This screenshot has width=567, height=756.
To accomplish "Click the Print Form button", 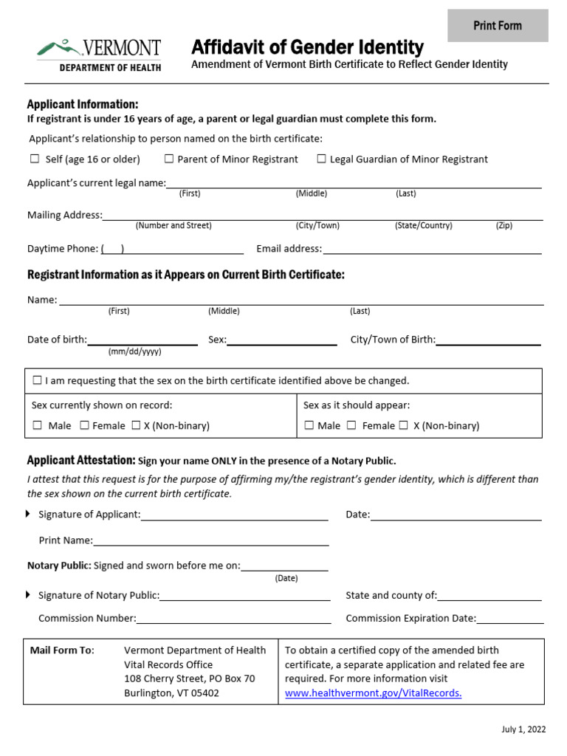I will coord(498,26).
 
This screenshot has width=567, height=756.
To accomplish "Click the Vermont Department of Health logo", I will coord(99,55).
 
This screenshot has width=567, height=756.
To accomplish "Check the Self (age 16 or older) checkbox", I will coord(35,159).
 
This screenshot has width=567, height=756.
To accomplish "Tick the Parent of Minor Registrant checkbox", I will coord(169,159).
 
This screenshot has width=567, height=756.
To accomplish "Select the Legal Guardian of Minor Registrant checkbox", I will coord(322,159).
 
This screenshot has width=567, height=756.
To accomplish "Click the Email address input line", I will coord(432,250).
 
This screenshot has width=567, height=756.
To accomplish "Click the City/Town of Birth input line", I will coord(488,340).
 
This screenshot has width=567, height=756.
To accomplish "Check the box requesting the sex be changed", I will coord(37,380).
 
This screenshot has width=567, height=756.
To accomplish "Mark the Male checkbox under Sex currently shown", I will coord(38,425).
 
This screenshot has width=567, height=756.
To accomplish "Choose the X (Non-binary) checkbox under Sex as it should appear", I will coord(404,425).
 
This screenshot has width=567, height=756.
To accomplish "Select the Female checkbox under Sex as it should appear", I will coord(352,425).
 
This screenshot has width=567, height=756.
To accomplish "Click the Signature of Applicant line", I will coord(234,515).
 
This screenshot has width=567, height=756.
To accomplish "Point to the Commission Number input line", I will coord(233,619).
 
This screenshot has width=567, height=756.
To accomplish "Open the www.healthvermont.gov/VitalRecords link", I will coord(373,693).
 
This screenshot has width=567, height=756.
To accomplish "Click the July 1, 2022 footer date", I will coord(523,729).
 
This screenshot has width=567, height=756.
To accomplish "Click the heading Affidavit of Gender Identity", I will coord(307,48).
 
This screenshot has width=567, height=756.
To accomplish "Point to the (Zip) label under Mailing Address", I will coord(504,226).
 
